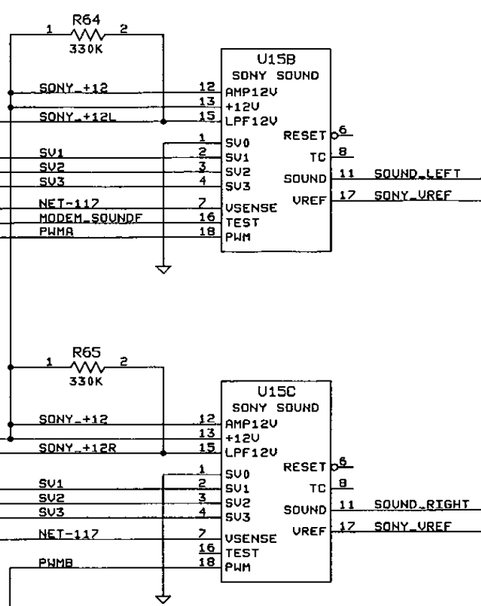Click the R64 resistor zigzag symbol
[x=88, y=35]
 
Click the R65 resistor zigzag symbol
[x=88, y=367]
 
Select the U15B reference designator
[x=276, y=59]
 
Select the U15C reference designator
[x=276, y=391]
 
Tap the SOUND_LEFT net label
[x=417, y=174]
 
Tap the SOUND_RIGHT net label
[x=421, y=504]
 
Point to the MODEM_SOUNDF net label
[x=90, y=218]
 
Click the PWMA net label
[x=57, y=231]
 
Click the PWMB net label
[x=56, y=562]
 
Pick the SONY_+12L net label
[x=78, y=116]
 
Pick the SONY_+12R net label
[x=78, y=447]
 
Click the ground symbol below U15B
[x=164, y=269]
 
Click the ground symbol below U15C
[x=163, y=599]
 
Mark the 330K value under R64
[x=86, y=49]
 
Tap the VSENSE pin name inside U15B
[x=251, y=208]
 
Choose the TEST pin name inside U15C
[x=242, y=553]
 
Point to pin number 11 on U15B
[x=347, y=174]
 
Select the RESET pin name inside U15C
[x=305, y=467]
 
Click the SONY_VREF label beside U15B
[x=413, y=195]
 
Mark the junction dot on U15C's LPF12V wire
[x=164, y=453]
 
